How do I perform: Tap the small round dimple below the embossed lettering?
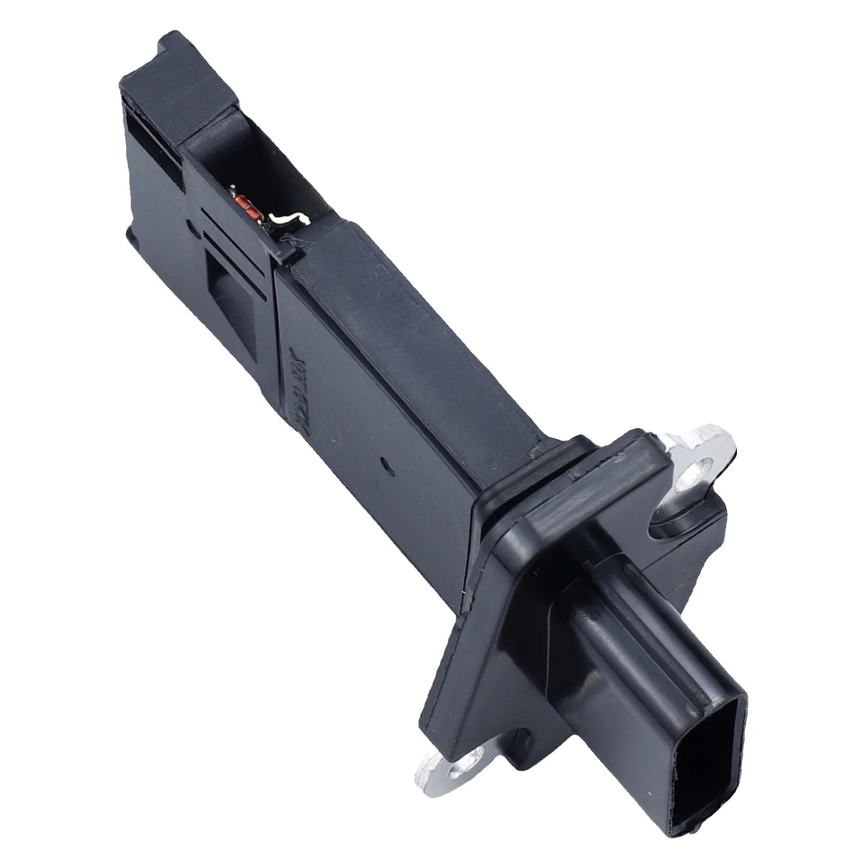[385, 464]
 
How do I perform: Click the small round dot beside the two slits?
[189, 223]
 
